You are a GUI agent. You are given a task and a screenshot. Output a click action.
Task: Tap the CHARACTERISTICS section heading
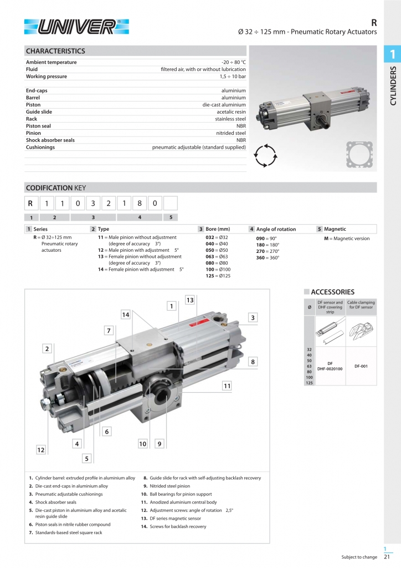click(x=55, y=51)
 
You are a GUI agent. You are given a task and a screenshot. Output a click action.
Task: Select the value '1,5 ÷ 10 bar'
click(x=232, y=77)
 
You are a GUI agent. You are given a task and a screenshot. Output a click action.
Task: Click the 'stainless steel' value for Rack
click(x=230, y=119)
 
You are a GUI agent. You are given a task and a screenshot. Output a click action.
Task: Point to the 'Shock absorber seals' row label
click(x=50, y=140)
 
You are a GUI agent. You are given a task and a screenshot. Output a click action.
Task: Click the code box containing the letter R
click(x=32, y=203)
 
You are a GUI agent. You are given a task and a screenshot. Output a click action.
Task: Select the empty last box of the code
click(x=171, y=203)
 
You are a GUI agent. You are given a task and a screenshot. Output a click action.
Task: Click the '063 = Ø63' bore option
click(x=217, y=257)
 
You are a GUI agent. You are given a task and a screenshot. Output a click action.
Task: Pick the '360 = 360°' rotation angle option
click(x=268, y=257)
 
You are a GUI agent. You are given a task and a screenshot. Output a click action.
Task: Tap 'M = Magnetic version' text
click(x=347, y=239)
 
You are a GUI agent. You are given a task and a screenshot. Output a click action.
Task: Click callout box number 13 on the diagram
click(x=190, y=300)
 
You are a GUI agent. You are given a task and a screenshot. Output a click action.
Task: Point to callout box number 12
click(x=40, y=450)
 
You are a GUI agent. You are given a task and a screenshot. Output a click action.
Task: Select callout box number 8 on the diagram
click(x=253, y=362)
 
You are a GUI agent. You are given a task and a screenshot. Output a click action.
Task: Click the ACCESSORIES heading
click(x=332, y=292)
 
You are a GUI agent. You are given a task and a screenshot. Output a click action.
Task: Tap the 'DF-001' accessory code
click(x=361, y=366)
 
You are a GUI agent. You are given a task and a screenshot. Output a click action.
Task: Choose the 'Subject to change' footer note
click(x=359, y=557)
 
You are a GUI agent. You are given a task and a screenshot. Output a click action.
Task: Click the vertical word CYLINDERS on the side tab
click(x=393, y=85)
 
